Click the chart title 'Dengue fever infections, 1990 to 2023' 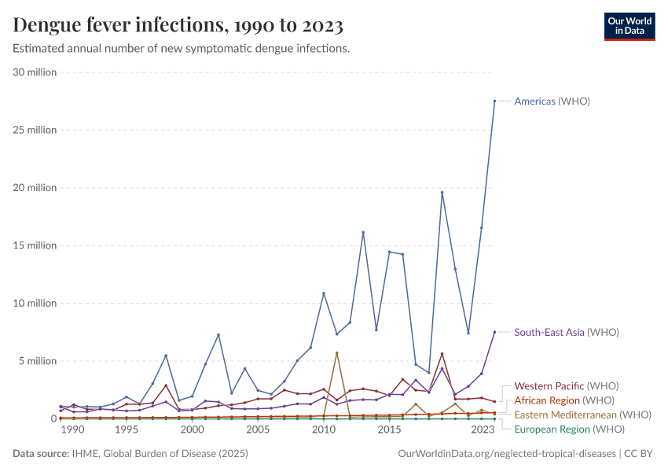178,26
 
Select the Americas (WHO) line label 552,101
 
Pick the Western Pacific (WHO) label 566,386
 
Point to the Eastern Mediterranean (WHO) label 582,415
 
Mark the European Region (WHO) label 569,429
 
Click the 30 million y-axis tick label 35,72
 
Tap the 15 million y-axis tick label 35,245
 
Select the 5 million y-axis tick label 38,361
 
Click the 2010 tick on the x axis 323,430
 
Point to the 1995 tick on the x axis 126,430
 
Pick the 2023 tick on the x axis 483,430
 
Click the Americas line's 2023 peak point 494,101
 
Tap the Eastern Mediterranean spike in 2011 336,353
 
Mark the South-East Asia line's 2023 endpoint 494,332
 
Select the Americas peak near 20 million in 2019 442,193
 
